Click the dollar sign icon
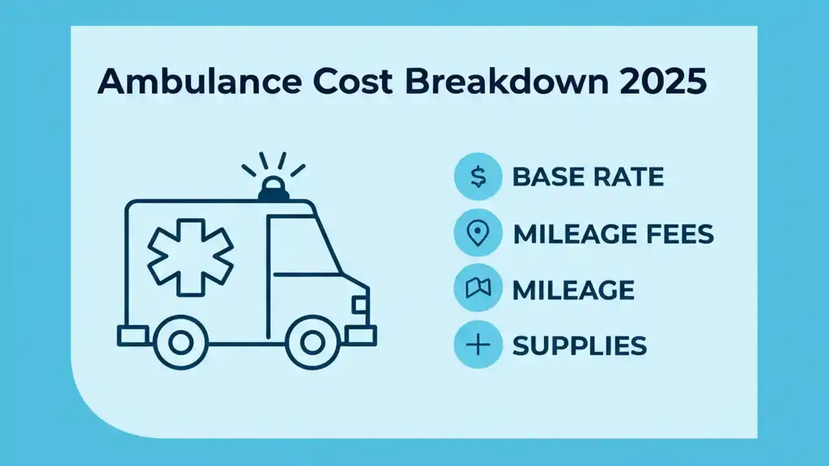478,177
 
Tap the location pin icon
478,233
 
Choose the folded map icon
478,289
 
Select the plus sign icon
478,345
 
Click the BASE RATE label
588,177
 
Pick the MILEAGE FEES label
613,234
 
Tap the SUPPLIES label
579,346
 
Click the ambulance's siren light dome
274,188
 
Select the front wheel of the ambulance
313,341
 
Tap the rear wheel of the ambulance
181,341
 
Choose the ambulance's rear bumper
133,335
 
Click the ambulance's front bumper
361,335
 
